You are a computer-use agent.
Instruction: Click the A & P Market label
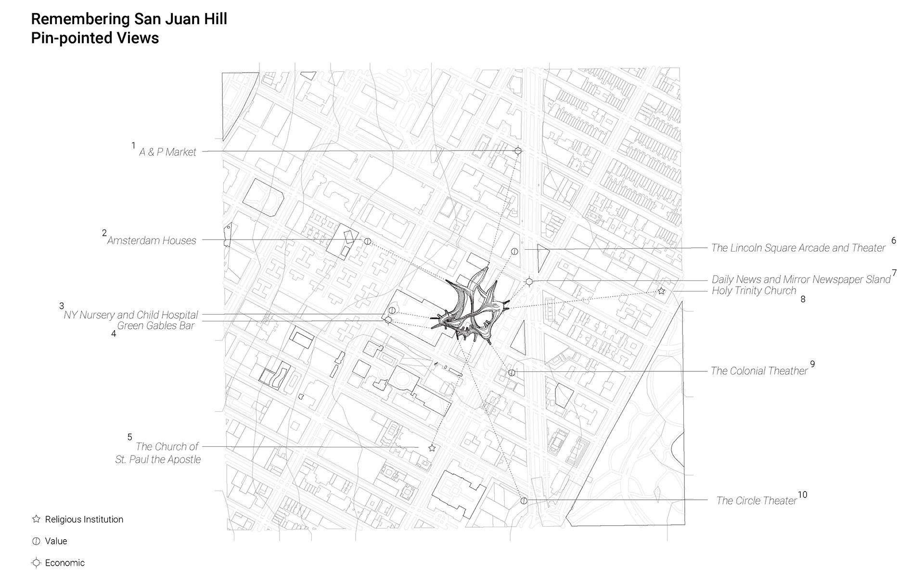[167, 152]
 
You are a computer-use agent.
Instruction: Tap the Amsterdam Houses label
[152, 241]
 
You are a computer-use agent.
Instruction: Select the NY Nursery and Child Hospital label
[131, 315]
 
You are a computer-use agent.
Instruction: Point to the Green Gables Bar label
[156, 326]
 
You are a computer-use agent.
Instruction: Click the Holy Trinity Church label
[754, 291]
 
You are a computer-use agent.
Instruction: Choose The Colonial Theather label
[759, 371]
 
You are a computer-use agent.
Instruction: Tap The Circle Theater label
[756, 501]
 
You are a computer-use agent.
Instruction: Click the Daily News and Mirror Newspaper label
[801, 279]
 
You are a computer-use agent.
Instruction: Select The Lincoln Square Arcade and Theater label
[798, 248]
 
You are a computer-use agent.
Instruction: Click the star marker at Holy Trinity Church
[661, 291]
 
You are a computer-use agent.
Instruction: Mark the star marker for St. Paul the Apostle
[432, 448]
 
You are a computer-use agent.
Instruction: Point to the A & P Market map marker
[518, 151]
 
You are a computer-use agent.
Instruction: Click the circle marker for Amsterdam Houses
[368, 241]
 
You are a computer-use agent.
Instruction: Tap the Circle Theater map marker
[524, 501]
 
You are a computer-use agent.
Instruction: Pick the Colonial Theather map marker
[512, 373]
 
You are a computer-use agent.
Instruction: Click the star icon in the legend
[36, 519]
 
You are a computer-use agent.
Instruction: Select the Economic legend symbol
[36, 563]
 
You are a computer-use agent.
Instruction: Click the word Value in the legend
[56, 541]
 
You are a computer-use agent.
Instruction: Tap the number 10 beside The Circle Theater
[802, 495]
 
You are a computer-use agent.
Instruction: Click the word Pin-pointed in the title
[66, 38]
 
